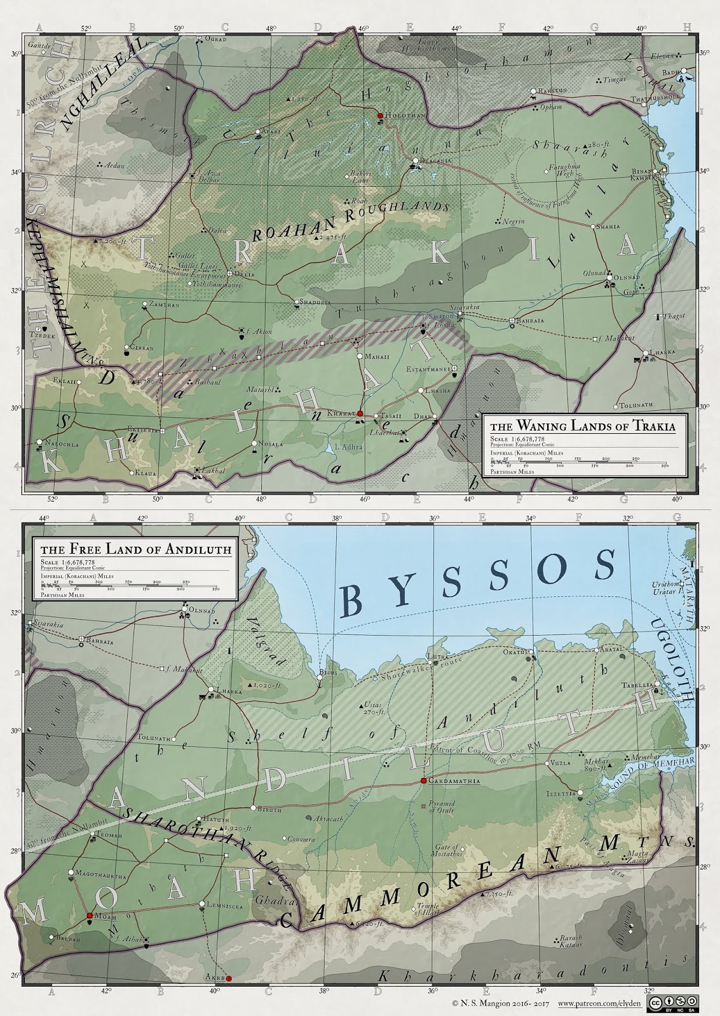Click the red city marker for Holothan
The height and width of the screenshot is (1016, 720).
pos(380,116)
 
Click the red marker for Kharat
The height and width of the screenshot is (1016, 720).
pos(359,413)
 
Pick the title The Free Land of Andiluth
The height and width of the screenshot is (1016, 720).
pos(135,549)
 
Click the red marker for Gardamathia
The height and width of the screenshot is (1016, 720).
pos(423,780)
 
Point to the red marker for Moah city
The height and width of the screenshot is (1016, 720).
pos(90,916)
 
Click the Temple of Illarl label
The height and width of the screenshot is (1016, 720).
pos(428,909)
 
